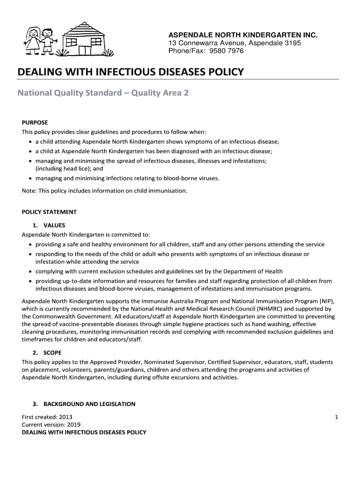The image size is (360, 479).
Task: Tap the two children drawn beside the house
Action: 39,40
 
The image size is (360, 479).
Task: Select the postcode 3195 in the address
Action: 291,43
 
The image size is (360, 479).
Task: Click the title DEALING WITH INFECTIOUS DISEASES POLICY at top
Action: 130,72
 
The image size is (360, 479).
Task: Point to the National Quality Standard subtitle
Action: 103,93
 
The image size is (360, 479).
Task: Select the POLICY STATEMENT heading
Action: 49,212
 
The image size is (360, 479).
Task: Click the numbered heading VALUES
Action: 54,225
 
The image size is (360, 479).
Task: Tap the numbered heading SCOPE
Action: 52,353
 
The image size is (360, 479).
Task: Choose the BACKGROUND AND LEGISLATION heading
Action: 89,404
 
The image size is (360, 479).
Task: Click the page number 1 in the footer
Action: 336,417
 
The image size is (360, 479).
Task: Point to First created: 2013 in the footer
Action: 47,417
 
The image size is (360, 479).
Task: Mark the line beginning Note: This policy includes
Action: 105,191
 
